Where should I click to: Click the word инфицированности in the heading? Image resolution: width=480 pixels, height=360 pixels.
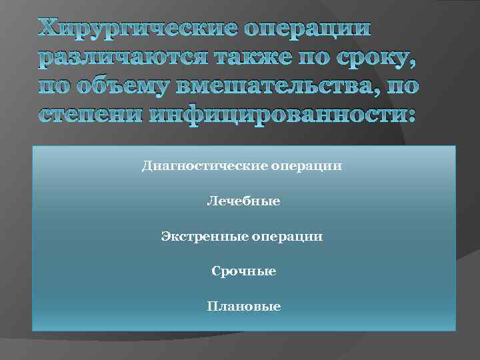pos(266,115)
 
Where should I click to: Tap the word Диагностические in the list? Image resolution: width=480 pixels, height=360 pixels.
pos(205,165)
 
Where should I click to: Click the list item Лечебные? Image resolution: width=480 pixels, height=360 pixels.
pos(243,200)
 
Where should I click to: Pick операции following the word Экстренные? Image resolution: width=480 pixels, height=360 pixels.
pos(291,236)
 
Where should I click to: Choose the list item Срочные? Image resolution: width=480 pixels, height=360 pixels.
pos(243,271)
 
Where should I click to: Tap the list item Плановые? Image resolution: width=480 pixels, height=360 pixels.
pos(243,307)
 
